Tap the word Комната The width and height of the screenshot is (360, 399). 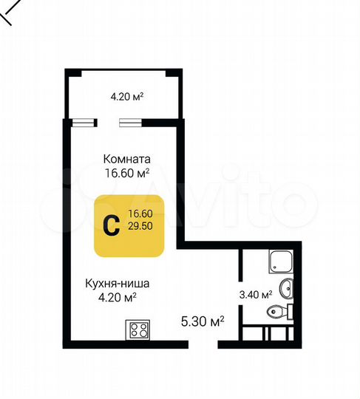click(127, 159)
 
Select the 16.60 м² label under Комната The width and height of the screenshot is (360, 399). click(127, 173)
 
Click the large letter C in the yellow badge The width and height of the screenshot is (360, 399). click(110, 226)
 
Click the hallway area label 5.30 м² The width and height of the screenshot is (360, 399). click(203, 321)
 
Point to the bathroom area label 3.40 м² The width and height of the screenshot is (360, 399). click(257, 294)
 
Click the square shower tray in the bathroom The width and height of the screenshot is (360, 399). click(281, 260)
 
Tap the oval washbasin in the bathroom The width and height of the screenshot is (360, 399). click(287, 287)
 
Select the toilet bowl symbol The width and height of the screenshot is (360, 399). click(277, 313)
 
